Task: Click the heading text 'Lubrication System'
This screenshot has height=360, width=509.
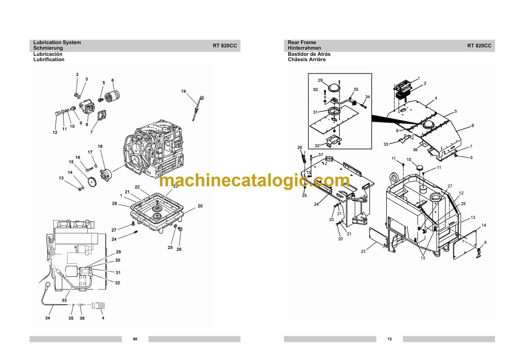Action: [x=57, y=42]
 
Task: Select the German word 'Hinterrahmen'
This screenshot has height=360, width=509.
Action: [x=304, y=48]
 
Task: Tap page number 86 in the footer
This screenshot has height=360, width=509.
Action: [x=135, y=339]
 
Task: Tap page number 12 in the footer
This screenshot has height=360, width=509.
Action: [x=390, y=339]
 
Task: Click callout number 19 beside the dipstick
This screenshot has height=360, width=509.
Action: [x=183, y=91]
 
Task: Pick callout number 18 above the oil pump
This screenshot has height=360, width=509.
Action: [x=100, y=147]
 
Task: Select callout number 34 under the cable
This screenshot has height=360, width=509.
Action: [x=48, y=318]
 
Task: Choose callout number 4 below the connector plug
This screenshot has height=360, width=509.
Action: [x=103, y=318]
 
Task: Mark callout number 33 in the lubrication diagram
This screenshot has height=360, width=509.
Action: [x=64, y=300]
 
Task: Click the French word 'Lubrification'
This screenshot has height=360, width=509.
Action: [x=49, y=59]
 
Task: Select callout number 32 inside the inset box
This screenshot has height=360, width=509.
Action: [x=317, y=146]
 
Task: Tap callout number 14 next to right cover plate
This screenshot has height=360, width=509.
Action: [x=484, y=225]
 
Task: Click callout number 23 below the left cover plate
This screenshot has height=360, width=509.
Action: [x=363, y=251]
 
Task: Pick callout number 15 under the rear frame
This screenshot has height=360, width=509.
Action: [x=423, y=258]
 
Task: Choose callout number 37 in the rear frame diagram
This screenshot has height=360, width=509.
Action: [x=321, y=155]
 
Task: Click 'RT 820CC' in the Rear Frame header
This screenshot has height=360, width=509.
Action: [x=479, y=45]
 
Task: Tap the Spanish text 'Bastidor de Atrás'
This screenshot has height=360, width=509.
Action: [x=309, y=54]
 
